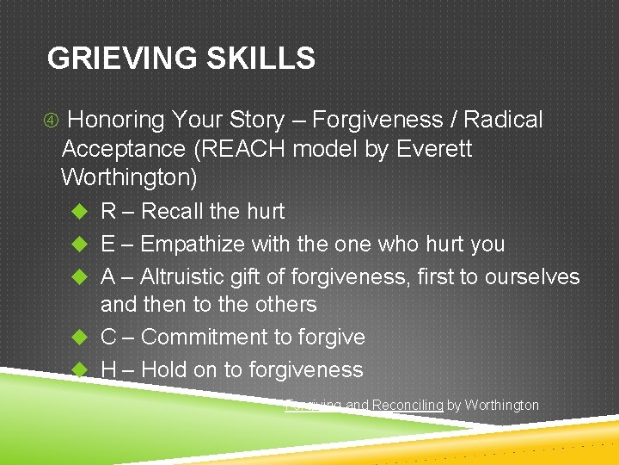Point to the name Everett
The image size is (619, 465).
tap(434, 149)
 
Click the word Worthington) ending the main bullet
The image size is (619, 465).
tap(130, 178)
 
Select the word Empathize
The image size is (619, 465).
tap(193, 244)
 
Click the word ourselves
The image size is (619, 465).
tap(532, 276)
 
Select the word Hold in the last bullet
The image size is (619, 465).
tap(163, 369)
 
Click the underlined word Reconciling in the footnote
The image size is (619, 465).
tap(407, 405)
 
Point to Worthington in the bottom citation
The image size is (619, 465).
tap(502, 405)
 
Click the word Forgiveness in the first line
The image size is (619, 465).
tap(381, 120)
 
